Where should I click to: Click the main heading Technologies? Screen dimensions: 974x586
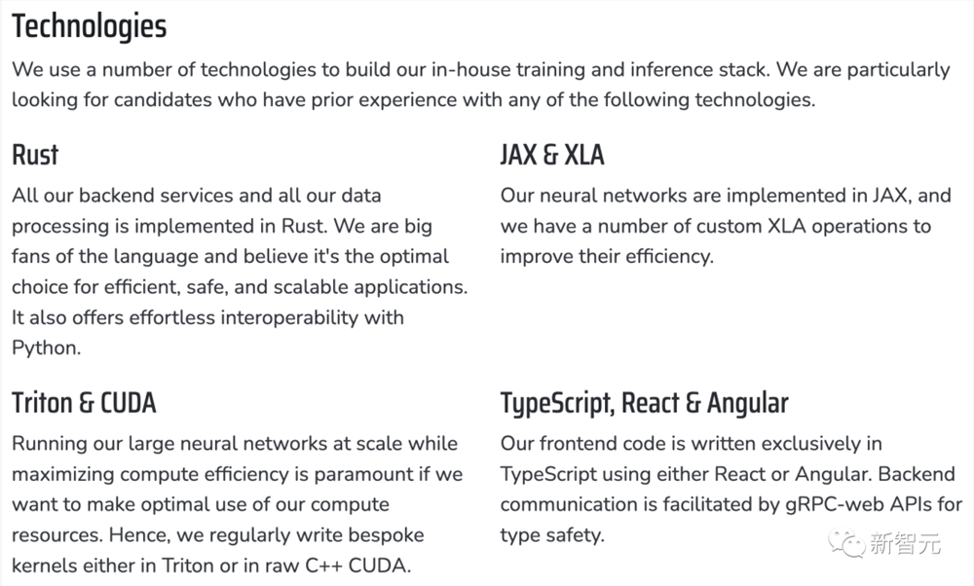tap(90, 26)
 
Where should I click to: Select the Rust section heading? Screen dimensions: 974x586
tap(35, 155)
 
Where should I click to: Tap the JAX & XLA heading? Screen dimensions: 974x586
tap(552, 155)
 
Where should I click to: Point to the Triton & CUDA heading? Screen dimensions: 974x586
tap(84, 403)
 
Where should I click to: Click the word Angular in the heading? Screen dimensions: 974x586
tap(748, 404)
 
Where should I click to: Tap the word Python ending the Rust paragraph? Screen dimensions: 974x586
tap(45, 348)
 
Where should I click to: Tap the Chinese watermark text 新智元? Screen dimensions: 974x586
tap(905, 544)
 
